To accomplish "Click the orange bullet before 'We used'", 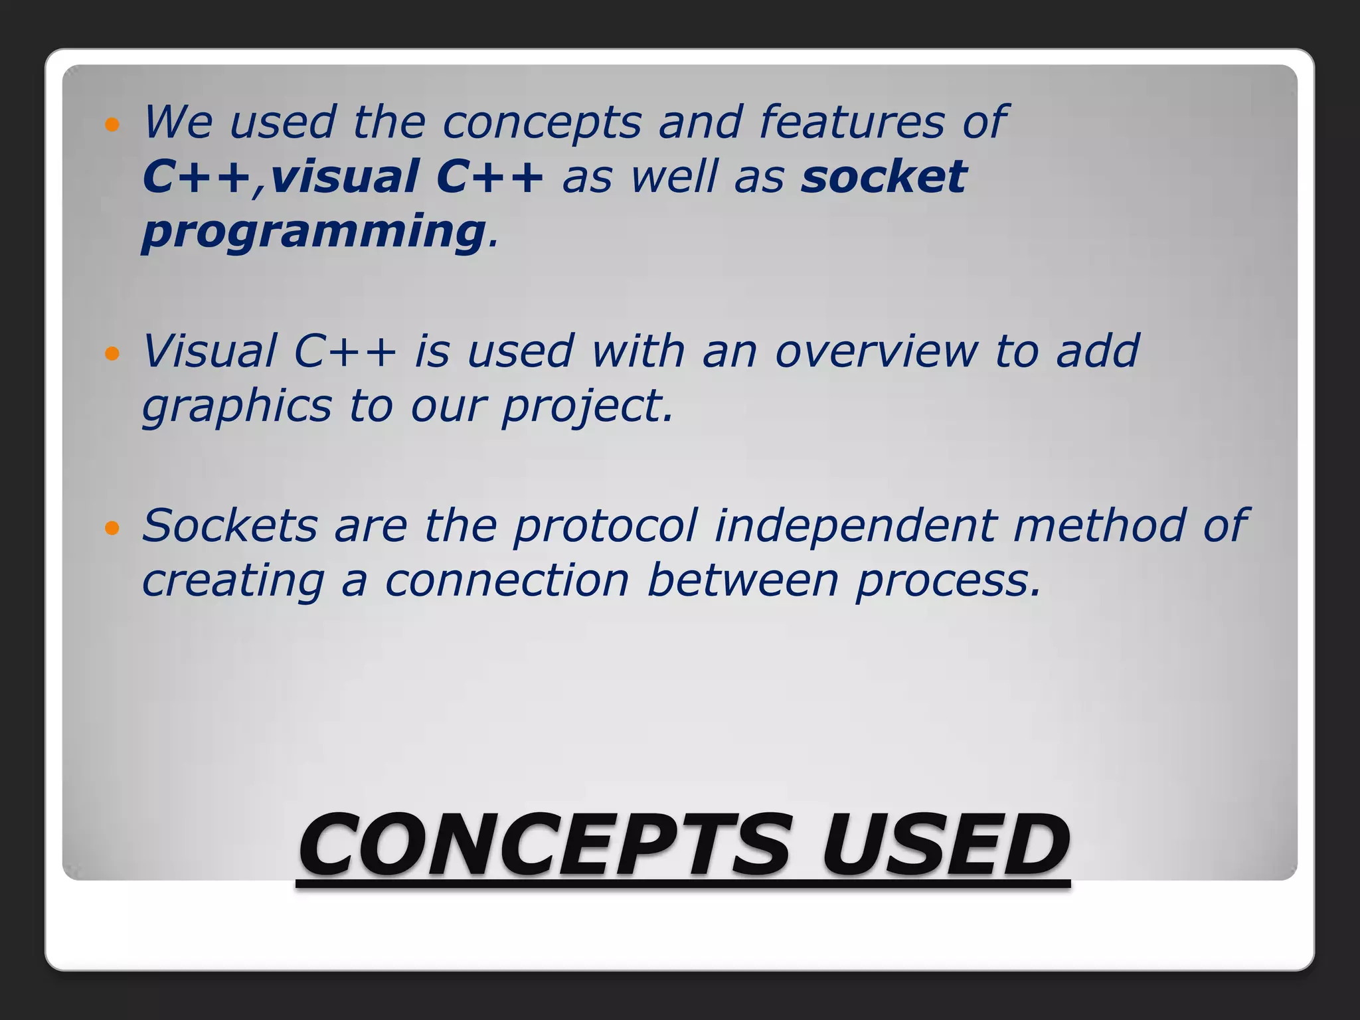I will [x=112, y=125].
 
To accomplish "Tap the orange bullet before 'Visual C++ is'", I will [x=112, y=354].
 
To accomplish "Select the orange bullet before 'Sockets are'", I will [x=112, y=529].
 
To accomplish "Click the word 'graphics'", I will [x=236, y=406].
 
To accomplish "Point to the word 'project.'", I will [x=587, y=406].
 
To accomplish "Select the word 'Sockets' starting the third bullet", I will [x=230, y=526].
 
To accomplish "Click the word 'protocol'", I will [x=605, y=526].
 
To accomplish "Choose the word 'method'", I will [x=1099, y=526].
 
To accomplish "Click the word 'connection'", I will [x=507, y=581].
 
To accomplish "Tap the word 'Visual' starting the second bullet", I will [x=209, y=352].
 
